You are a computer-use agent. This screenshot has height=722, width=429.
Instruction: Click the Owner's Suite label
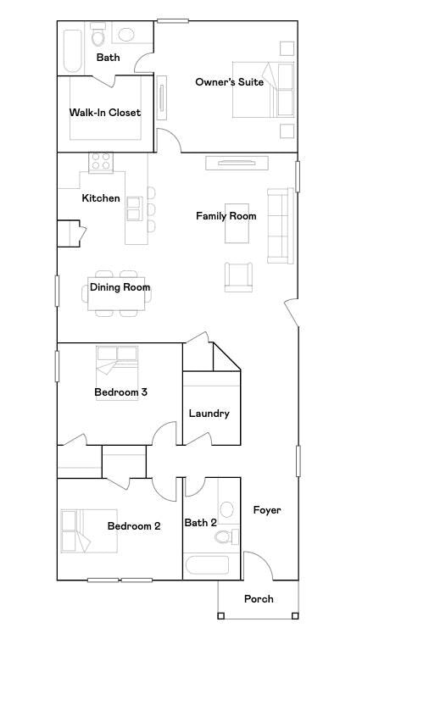click(229, 82)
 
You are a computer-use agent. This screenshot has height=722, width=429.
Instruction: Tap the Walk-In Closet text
click(105, 113)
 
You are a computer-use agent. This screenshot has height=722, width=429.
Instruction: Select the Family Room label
click(226, 216)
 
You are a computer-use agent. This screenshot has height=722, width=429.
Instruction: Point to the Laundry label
click(209, 414)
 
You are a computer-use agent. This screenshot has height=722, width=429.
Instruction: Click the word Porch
click(259, 599)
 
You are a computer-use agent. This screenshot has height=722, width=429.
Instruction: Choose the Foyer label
click(267, 510)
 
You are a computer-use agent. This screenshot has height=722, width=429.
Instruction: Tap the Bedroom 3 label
click(120, 392)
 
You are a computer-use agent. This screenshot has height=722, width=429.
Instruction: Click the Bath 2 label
click(201, 523)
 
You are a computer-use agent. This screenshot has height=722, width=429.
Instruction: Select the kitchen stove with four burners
click(101, 162)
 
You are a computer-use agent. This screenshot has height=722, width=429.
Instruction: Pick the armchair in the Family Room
click(238, 277)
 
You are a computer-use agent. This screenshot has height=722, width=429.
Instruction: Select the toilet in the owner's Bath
click(97, 37)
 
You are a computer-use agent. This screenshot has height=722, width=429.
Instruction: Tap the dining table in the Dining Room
click(117, 294)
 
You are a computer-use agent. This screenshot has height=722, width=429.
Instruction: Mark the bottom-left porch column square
click(220, 616)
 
